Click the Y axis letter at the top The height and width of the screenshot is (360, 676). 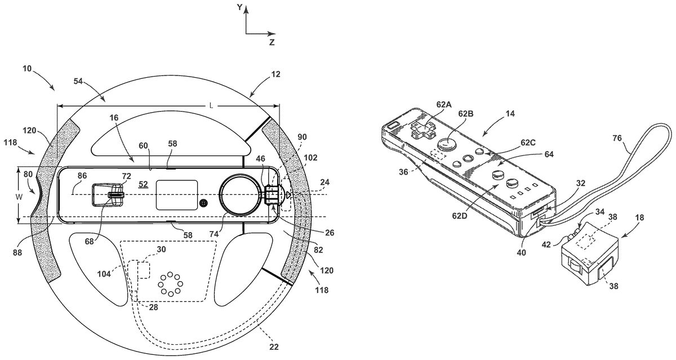point(239,7)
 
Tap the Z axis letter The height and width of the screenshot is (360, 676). point(272,42)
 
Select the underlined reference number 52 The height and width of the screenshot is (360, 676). point(143,184)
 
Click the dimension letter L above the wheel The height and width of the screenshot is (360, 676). point(212,105)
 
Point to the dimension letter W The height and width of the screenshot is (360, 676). point(19,197)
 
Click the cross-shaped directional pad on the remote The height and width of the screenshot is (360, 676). point(423,130)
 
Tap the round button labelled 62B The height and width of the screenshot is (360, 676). point(447,144)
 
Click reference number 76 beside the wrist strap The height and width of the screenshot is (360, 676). point(617,138)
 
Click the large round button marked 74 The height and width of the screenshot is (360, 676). point(240,195)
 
